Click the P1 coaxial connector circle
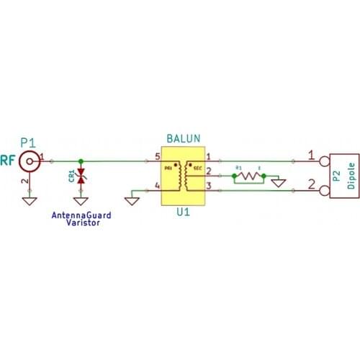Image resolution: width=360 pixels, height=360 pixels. click(x=29, y=159)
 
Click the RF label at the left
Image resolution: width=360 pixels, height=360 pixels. click(x=8, y=159)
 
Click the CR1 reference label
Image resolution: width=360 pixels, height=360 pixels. click(x=71, y=176)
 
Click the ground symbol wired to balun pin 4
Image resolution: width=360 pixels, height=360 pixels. click(x=132, y=194)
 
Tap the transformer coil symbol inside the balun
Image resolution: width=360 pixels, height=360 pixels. click(x=185, y=174)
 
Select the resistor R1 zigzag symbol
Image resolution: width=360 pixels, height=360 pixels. click(x=249, y=175)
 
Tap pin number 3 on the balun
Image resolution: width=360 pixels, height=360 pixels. click(x=208, y=186)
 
